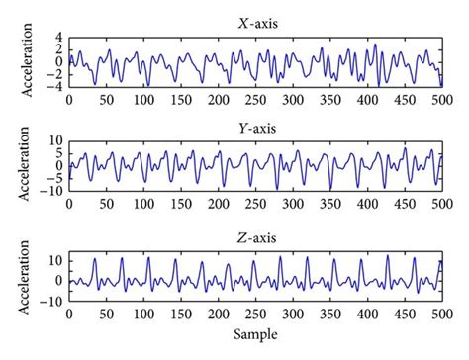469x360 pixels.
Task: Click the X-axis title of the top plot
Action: pos(256,23)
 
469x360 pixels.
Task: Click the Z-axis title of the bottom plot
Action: pos(256,238)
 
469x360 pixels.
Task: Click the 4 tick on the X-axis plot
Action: pos(58,37)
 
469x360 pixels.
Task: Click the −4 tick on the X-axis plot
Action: pos(54,86)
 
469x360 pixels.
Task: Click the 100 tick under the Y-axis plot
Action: pos(143,205)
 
